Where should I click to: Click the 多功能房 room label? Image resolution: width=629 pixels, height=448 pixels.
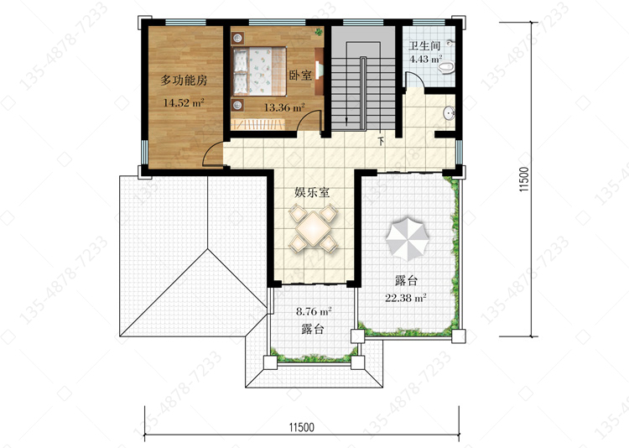click(x=184, y=81)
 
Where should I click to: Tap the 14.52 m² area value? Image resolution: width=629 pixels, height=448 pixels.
click(x=184, y=102)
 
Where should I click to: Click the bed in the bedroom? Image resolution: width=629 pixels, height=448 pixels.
click(x=259, y=71)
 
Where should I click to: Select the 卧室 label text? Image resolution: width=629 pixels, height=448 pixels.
click(x=300, y=75)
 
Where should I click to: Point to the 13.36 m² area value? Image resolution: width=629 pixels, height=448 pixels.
click(x=284, y=107)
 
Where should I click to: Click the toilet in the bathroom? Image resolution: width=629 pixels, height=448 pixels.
click(x=445, y=67)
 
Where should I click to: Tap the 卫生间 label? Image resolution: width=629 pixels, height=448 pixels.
click(x=424, y=45)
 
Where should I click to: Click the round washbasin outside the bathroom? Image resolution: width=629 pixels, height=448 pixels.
click(x=450, y=112)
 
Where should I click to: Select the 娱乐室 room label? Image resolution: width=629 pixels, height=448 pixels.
click(x=312, y=192)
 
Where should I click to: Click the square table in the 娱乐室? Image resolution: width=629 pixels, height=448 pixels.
click(x=314, y=228)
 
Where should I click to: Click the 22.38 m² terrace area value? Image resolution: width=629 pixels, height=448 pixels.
click(x=406, y=298)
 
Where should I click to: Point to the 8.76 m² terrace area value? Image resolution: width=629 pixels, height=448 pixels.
click(x=314, y=311)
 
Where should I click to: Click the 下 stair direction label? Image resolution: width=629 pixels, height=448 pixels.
click(x=381, y=141)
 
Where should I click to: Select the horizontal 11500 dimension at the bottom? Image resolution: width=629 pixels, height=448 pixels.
click(x=302, y=427)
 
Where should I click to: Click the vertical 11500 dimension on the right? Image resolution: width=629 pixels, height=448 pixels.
click(x=525, y=179)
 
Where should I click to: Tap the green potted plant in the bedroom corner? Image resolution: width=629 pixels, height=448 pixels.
click(x=319, y=31)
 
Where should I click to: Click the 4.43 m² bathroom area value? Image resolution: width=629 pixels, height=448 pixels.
click(x=425, y=60)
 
